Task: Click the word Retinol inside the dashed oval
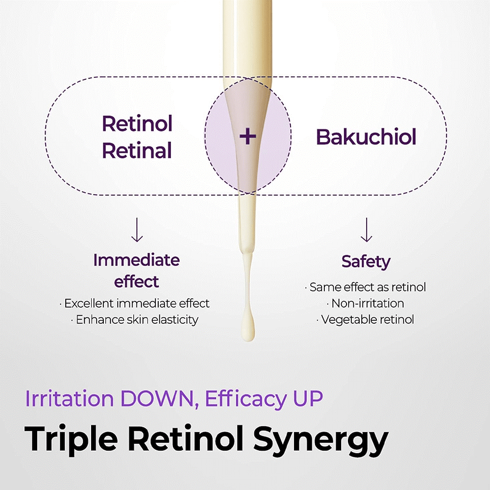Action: coord(137,124)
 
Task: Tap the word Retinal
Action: coord(137,150)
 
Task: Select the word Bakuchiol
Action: coord(366,137)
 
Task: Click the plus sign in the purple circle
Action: coord(248,136)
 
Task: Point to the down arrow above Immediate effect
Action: coord(137,230)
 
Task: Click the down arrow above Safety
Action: coord(366,230)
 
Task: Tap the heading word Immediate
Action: coord(137,260)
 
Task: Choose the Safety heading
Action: coord(366,262)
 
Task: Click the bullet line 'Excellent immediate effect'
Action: coord(135,303)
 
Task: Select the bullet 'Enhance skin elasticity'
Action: coord(135,319)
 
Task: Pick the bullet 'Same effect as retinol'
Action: coord(366,287)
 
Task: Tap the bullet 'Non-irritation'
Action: coord(366,303)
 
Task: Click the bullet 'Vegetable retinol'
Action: coord(366,319)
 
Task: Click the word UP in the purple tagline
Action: coord(308,398)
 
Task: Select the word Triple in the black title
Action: coord(71,439)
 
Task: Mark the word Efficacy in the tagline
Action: coord(245,399)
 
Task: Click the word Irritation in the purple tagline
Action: coord(69,398)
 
